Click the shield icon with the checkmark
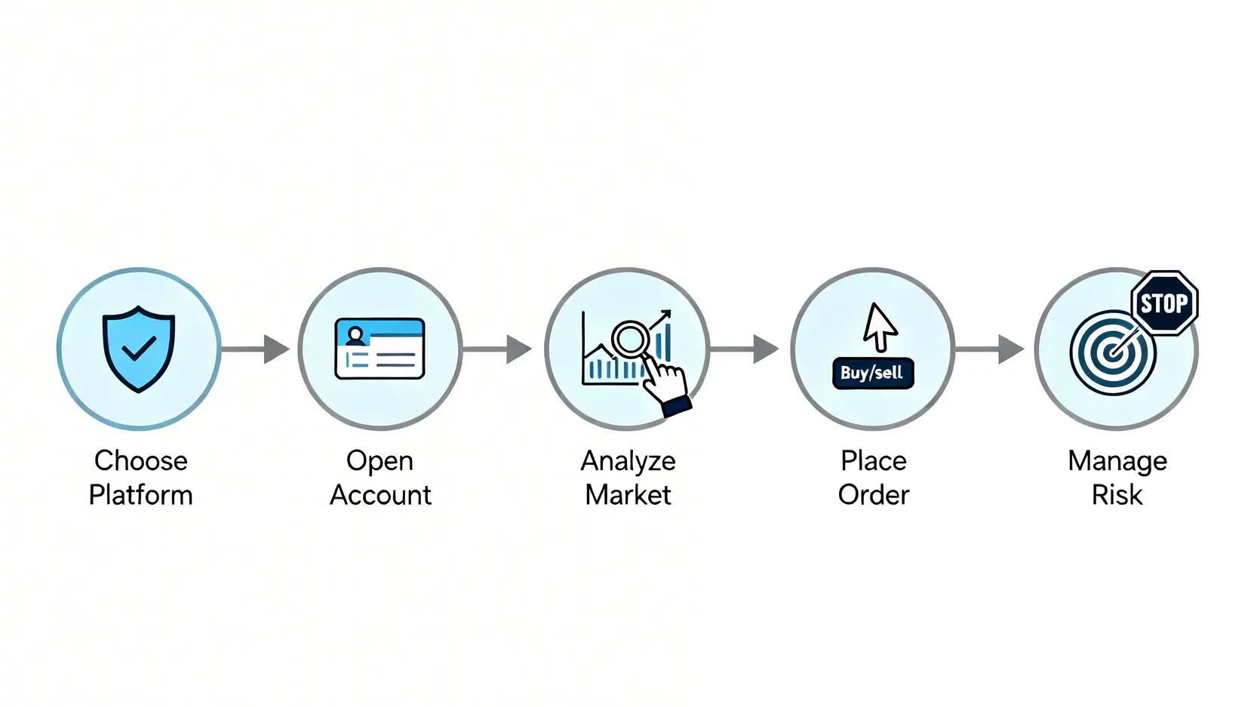139,349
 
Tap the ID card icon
380,349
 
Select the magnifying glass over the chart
630,340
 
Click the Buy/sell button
872,373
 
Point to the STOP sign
1164,303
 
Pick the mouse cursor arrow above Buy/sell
879,327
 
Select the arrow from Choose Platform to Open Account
257,349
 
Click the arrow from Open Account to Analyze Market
498,349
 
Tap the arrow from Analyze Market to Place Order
745,349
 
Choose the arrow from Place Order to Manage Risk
989,349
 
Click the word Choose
141,460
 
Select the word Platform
141,495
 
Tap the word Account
380,495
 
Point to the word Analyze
628,461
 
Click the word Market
628,495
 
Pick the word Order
874,495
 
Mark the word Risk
1117,495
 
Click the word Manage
1117,461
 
